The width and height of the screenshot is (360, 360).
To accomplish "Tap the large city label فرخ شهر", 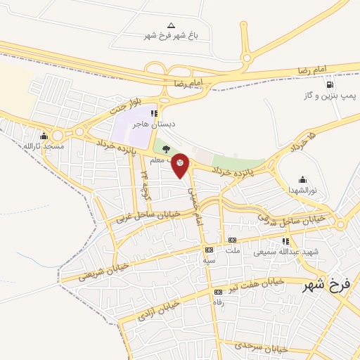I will (326, 285).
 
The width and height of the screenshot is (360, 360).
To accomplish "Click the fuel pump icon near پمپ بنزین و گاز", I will (330, 84).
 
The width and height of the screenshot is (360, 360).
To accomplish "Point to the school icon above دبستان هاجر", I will (154, 112).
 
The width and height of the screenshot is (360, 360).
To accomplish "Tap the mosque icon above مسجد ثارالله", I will (44, 136).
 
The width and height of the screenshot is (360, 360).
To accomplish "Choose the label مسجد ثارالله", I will (44, 146).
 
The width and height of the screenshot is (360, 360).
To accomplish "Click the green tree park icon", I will (166, 149).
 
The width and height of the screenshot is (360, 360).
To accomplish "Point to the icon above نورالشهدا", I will (302, 179).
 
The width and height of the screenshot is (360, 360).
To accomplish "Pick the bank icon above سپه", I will (209, 250).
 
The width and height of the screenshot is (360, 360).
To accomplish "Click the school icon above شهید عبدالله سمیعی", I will (285, 241).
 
